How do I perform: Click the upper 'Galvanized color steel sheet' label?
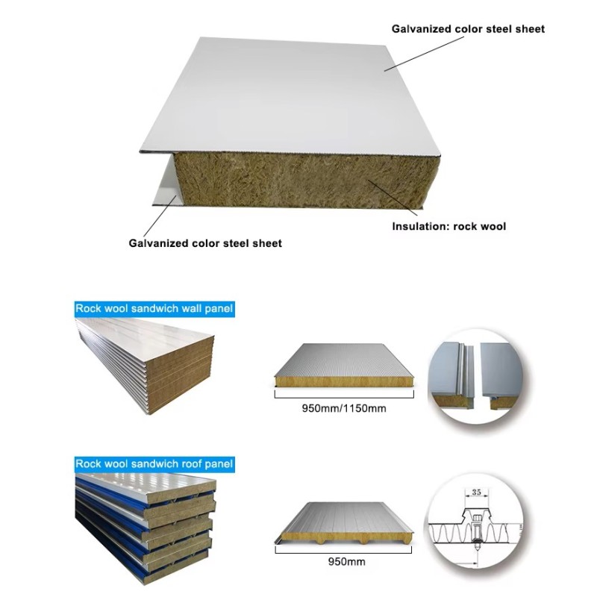[x=468, y=29]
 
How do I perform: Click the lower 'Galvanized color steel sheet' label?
[x=205, y=243]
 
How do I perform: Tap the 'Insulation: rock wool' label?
[x=449, y=227]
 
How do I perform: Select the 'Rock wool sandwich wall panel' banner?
[x=154, y=308]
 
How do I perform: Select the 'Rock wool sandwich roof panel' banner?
[x=154, y=464]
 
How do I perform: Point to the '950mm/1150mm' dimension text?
[x=344, y=408]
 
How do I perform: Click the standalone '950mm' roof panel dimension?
[x=346, y=562]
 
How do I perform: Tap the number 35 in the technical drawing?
[x=476, y=492]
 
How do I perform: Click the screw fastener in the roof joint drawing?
[x=476, y=531]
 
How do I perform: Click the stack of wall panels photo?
[x=145, y=366]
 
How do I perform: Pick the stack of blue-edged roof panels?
[x=146, y=528]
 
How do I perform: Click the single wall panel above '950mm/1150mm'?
[x=344, y=366]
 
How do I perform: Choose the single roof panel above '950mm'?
[x=344, y=524]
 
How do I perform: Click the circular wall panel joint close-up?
[x=475, y=376]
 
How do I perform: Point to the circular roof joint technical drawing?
[x=475, y=522]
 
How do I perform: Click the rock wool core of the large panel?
[x=304, y=181]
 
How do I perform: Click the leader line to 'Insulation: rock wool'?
[x=393, y=198]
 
